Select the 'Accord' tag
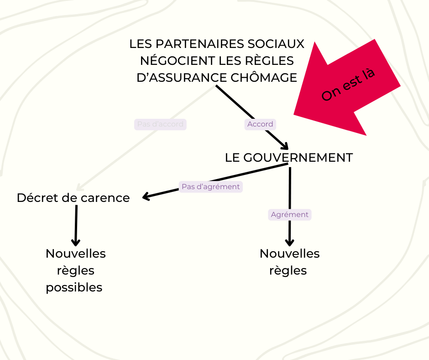click(x=260, y=124)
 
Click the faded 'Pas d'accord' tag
click(x=160, y=124)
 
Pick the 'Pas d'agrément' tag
click(x=210, y=187)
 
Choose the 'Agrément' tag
click(x=290, y=215)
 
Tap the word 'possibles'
click(x=74, y=287)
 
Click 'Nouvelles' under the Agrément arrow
click(x=290, y=254)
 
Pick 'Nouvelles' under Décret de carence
click(x=76, y=254)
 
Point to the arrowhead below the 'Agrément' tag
click(x=289, y=242)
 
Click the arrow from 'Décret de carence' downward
click(x=76, y=224)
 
